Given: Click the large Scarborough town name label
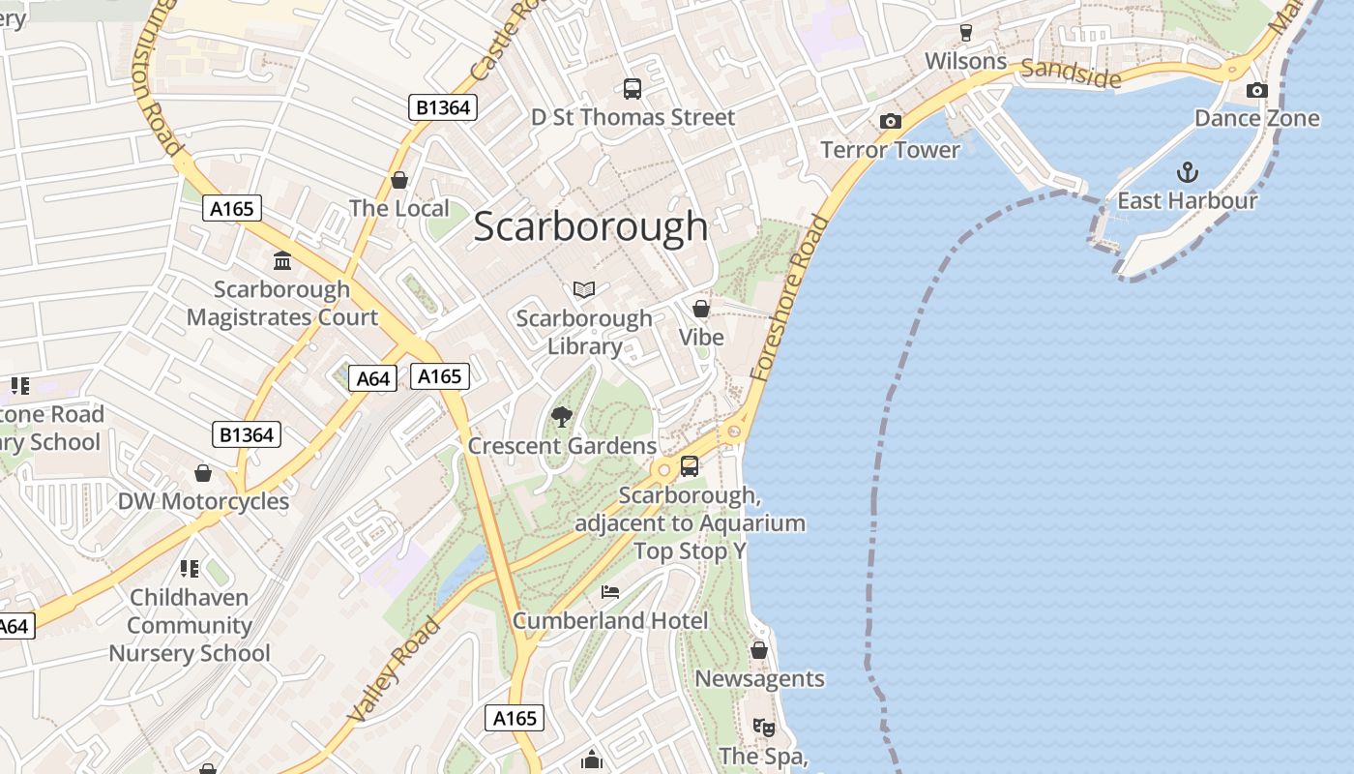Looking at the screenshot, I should point(591,226).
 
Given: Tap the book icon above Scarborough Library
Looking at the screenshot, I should point(584,289).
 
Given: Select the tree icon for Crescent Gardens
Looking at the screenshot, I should point(561,417).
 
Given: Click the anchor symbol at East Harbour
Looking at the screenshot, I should point(1187,173).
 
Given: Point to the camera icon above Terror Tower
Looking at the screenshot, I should point(890,121).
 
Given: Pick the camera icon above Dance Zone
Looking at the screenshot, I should point(1256,90).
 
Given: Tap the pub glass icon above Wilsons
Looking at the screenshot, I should point(965,33).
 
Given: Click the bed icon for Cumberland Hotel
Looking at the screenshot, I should point(609,591).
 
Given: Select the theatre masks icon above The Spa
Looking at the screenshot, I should point(764,727).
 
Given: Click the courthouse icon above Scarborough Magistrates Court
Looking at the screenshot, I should point(282,260).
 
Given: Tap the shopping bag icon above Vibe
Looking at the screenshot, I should point(701,309).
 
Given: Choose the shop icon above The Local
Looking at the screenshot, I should point(398,180).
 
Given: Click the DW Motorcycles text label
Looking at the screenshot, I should point(203,501).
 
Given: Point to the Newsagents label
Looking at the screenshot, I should point(759,679).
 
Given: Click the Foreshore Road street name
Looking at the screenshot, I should point(789,298).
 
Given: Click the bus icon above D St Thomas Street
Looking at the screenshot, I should point(633,89).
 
